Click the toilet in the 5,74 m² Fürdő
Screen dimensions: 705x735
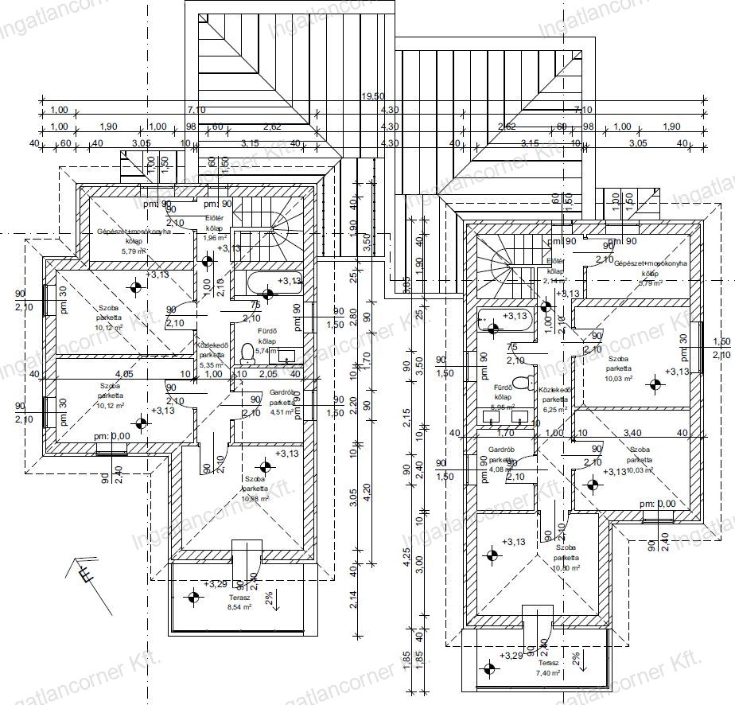click(247, 351)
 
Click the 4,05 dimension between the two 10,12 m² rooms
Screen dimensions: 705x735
click(123, 373)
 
